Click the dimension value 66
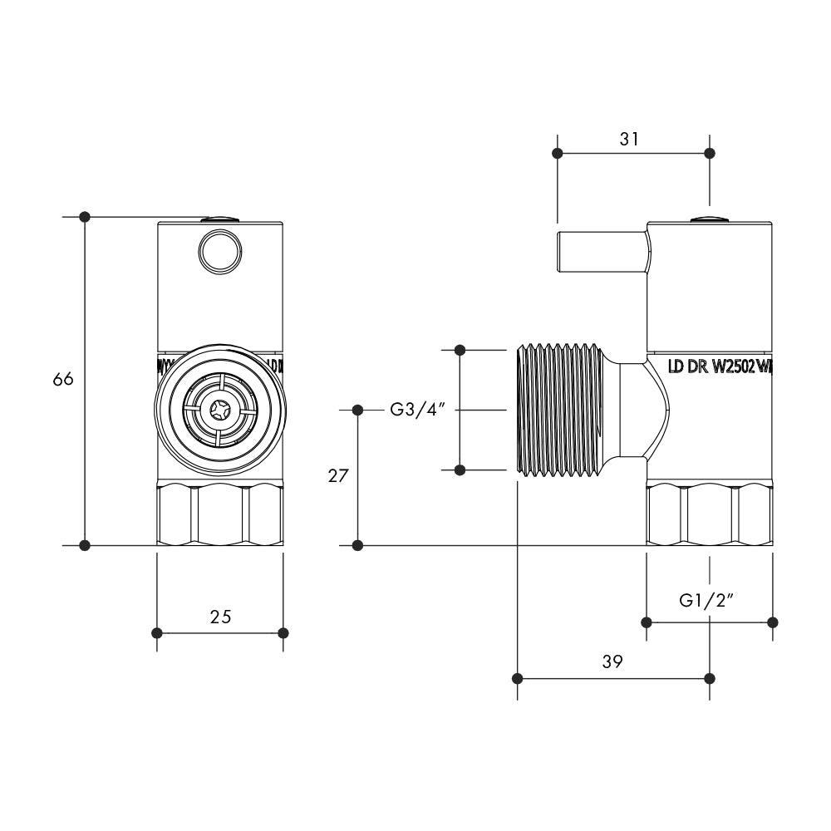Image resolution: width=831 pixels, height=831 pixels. (63, 379)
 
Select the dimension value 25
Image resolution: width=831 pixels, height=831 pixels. (220, 617)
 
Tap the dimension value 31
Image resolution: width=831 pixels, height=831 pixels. (629, 139)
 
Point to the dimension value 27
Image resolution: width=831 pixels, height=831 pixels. (337, 475)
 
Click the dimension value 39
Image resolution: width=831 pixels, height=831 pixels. (612, 661)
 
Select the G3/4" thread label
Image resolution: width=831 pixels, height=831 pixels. (420, 410)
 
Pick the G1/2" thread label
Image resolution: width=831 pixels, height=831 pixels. (707, 600)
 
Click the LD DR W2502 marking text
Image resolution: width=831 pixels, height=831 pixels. (720, 366)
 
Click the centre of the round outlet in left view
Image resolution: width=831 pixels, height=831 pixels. (220, 410)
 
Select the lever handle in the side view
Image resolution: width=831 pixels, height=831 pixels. (600, 251)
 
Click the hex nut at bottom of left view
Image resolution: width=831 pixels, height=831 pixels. (220, 515)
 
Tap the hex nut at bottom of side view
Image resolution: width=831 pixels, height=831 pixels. (709, 515)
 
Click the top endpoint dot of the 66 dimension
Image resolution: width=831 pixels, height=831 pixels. (84, 217)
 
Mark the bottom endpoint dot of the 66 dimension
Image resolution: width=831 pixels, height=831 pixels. (84, 545)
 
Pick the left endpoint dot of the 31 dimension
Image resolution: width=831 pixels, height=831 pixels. (558, 153)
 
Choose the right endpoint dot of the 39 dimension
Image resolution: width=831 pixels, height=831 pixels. (709, 678)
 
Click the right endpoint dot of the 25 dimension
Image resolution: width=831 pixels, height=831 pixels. (283, 633)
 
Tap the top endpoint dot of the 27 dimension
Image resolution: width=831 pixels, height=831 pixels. (357, 410)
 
